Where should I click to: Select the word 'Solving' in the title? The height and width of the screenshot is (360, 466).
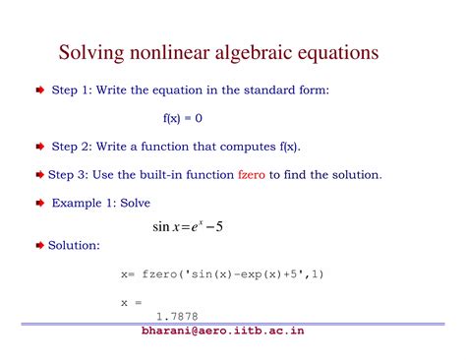click(91, 51)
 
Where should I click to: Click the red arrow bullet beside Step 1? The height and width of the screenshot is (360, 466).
click(40, 90)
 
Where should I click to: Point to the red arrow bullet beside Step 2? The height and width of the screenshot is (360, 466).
click(40, 147)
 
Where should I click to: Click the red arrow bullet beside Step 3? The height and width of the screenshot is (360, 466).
click(40, 175)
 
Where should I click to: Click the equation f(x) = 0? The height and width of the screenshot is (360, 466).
click(183, 118)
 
